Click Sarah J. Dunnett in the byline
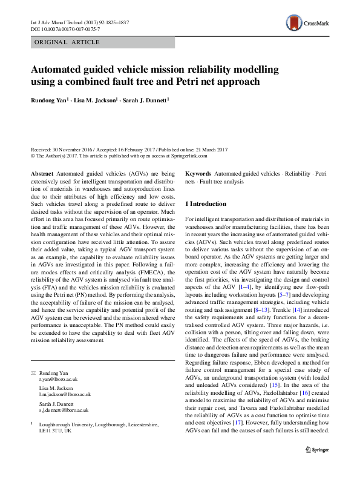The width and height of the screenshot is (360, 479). pyautogui.click(x=145, y=99)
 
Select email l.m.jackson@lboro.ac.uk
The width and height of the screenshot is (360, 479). pyautogui.click(x=65, y=394)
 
